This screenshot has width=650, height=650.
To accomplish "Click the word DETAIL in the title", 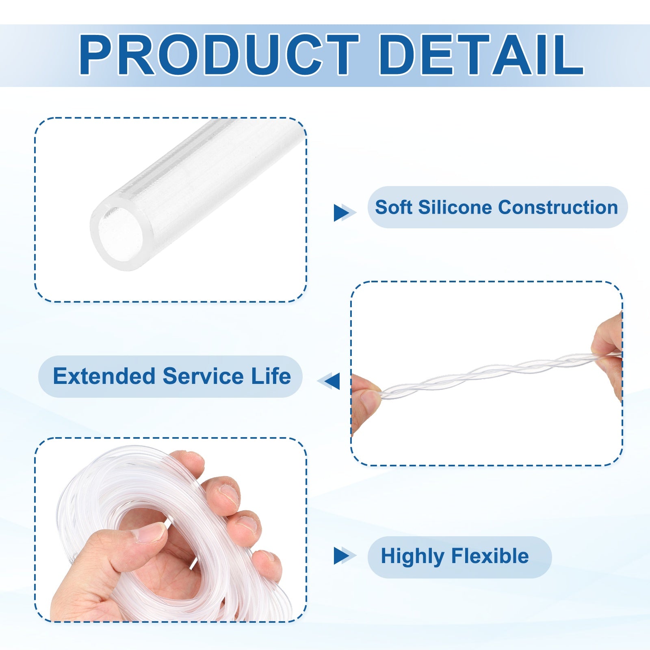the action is coord(481,55).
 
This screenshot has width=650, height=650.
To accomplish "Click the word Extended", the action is coord(104,376).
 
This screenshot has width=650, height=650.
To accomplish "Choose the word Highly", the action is coord(413,557).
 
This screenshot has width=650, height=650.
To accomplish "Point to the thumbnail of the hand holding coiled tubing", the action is coord(171,530).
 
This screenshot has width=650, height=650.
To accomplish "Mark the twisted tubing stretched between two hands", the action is coord(500,374).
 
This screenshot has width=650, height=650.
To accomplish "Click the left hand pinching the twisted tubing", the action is coord(366,402).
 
